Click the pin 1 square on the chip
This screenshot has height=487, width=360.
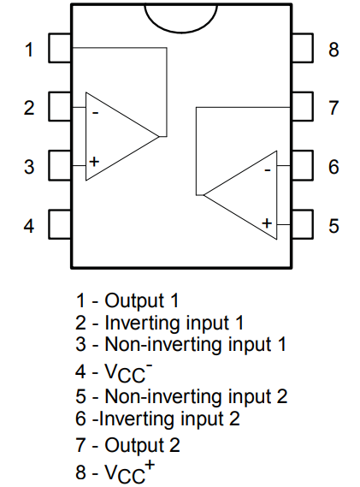click(x=59, y=49)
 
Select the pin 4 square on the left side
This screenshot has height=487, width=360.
click(x=59, y=225)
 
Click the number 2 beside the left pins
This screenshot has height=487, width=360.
click(x=29, y=108)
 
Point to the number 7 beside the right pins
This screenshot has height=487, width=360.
click(x=334, y=108)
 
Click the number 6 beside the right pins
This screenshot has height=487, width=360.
click(x=334, y=166)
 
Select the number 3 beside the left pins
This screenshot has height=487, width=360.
click(x=29, y=166)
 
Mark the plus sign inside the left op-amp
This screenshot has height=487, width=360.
click(x=94, y=161)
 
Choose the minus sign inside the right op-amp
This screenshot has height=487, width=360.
click(x=268, y=170)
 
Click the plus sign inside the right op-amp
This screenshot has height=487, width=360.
click(x=268, y=223)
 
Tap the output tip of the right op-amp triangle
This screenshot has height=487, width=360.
click(x=203, y=195)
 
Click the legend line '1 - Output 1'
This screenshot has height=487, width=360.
click(x=127, y=300)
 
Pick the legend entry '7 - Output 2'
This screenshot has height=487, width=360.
click(x=127, y=445)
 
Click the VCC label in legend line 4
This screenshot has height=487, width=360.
click(x=122, y=373)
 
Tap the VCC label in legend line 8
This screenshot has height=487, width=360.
click(x=122, y=472)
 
